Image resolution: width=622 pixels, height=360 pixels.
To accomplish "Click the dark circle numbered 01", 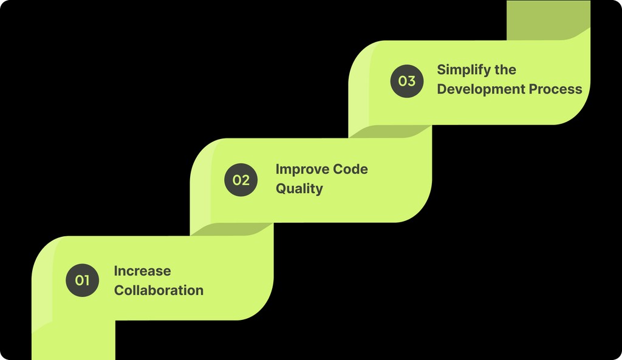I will pyautogui.click(x=82, y=280).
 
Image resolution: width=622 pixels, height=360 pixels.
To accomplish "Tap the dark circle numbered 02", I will pyautogui.click(x=241, y=180).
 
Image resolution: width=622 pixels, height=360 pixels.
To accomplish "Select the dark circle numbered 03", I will pyautogui.click(x=406, y=81).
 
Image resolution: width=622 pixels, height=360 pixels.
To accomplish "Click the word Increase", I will pyautogui.click(x=142, y=271).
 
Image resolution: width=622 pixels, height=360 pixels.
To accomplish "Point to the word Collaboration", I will pyautogui.click(x=159, y=290).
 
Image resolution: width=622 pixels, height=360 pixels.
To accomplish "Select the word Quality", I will pyautogui.click(x=299, y=188).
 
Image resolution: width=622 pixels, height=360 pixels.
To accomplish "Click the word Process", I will pyautogui.click(x=555, y=89).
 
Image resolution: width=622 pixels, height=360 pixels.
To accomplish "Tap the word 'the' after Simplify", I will pyautogui.click(x=505, y=69).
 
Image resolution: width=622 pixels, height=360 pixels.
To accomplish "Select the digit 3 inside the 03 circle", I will pyautogui.click(x=411, y=81).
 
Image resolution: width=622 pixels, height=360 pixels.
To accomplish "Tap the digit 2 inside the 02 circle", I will pyautogui.click(x=245, y=180).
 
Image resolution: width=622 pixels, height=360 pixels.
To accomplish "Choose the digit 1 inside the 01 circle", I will pyautogui.click(x=86, y=280).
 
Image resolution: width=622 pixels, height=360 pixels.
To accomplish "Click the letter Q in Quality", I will pyautogui.click(x=281, y=188).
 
